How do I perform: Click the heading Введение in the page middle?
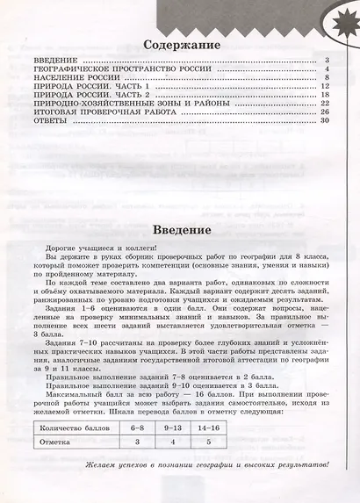coord(182,229)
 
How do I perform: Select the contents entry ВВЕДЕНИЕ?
coord(54,60)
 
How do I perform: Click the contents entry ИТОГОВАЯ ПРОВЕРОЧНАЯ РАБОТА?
coord(96,111)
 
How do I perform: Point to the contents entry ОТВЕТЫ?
coord(47,120)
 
